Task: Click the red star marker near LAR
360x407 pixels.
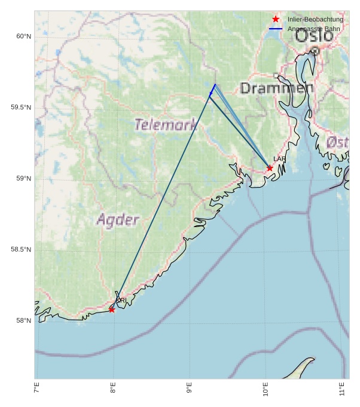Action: click(270, 168)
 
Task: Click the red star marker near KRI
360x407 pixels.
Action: click(112, 310)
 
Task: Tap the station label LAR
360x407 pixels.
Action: click(279, 159)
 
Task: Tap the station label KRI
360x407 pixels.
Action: click(121, 301)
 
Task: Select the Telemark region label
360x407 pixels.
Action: click(166, 125)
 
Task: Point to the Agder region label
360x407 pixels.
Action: click(118, 220)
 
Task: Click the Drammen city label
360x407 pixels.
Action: click(276, 88)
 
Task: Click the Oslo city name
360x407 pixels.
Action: click(314, 35)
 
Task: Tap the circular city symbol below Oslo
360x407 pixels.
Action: click(315, 51)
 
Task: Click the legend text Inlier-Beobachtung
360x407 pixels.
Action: click(315, 19)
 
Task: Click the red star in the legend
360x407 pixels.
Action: click(276, 19)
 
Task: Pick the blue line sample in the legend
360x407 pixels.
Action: click(276, 29)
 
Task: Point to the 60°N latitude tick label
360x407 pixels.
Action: click(23, 36)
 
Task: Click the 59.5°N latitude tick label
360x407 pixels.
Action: click(21, 108)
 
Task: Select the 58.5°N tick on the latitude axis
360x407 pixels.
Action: click(21, 250)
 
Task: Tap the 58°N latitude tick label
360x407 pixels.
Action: click(23, 321)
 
